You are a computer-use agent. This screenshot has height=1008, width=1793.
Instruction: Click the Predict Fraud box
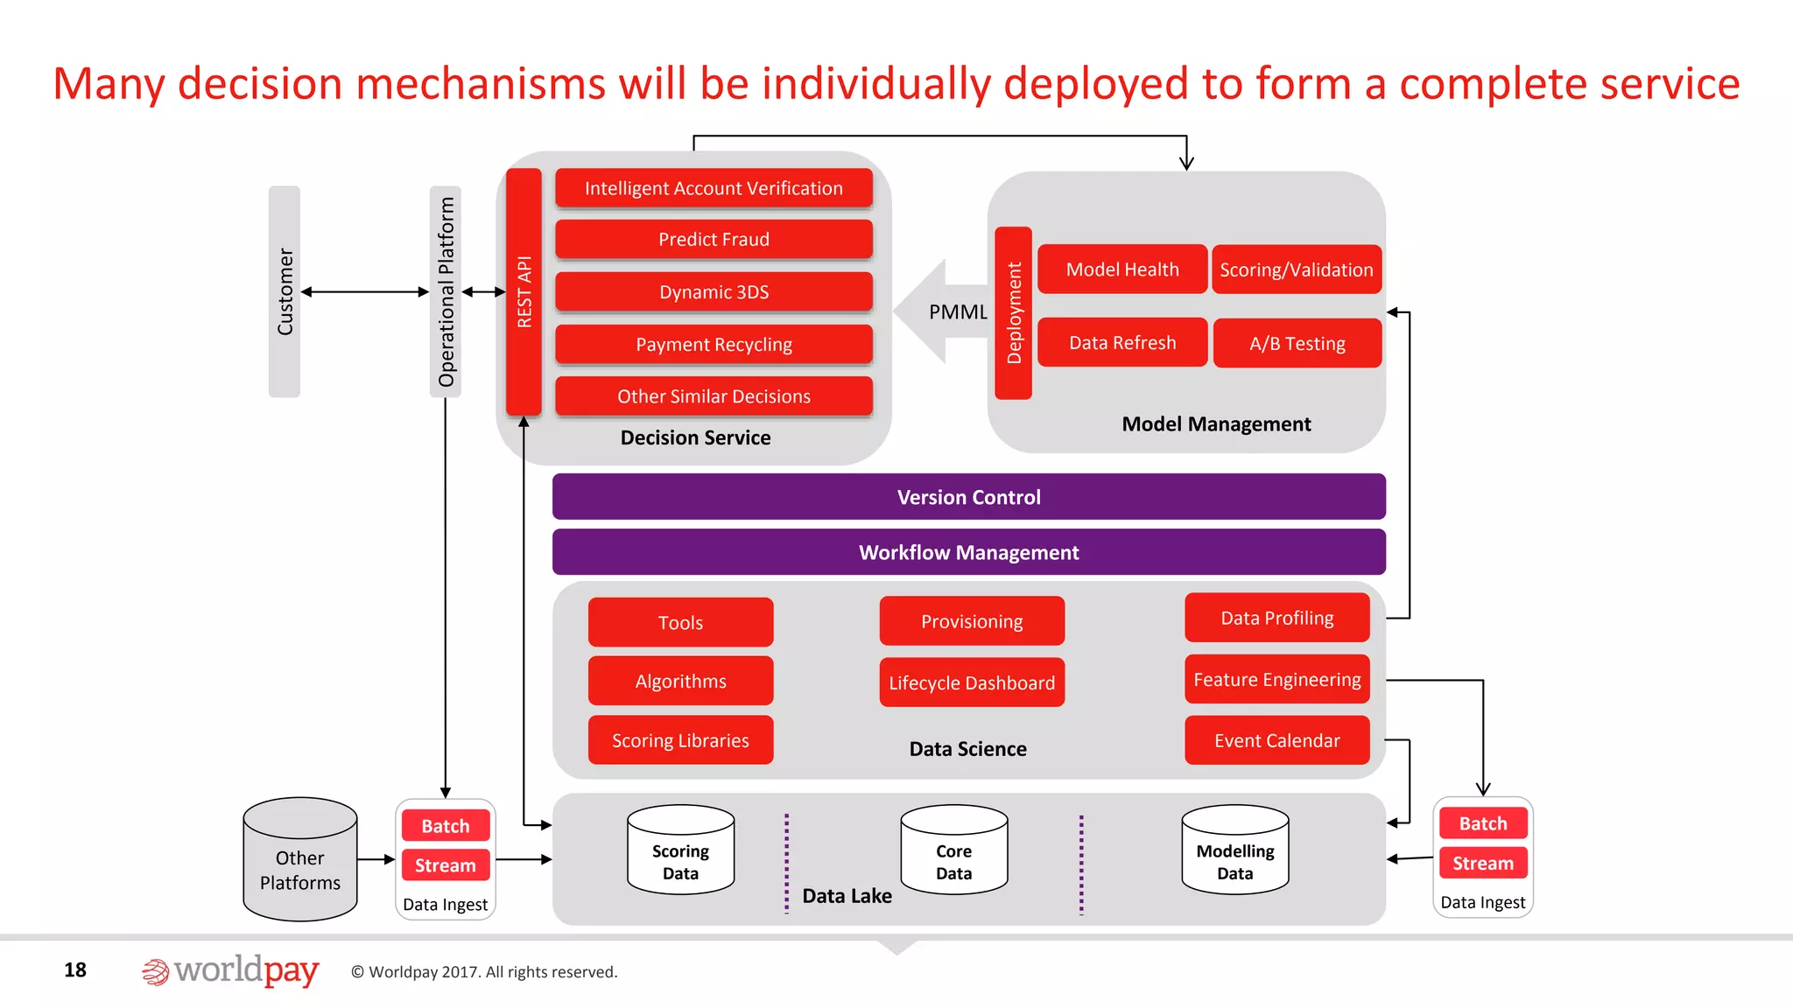(714, 239)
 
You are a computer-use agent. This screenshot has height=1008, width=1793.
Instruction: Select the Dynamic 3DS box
(714, 291)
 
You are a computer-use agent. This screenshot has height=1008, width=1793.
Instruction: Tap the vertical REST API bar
(524, 291)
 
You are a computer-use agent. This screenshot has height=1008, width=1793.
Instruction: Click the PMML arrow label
(957, 312)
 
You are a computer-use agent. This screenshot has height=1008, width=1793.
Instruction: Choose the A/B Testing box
(1297, 343)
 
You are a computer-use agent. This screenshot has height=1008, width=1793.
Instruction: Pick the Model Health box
(1122, 269)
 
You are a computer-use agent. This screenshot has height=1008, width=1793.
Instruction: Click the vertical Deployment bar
(1014, 312)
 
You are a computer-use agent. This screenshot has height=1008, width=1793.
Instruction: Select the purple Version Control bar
(968, 497)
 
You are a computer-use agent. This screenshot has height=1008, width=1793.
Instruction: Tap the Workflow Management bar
(968, 552)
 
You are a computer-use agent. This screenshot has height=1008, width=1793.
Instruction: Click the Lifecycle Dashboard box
(972, 682)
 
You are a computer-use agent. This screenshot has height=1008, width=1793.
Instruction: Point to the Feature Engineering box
(1276, 679)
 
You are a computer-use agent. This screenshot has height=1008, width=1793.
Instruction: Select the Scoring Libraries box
(680, 740)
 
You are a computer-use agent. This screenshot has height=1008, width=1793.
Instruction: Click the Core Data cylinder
(953, 853)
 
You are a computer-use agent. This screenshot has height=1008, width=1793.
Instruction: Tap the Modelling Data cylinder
(1234, 853)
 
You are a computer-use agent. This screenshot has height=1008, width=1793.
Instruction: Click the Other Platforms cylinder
(299, 862)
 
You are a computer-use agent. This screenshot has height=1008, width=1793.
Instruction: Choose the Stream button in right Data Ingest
(1482, 863)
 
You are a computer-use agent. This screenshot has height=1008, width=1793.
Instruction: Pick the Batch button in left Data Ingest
(445, 826)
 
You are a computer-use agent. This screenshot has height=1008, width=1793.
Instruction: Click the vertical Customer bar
(285, 291)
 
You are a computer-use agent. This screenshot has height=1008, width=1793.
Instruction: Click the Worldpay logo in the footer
(230, 970)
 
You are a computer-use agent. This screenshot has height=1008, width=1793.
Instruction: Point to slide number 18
(75, 969)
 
